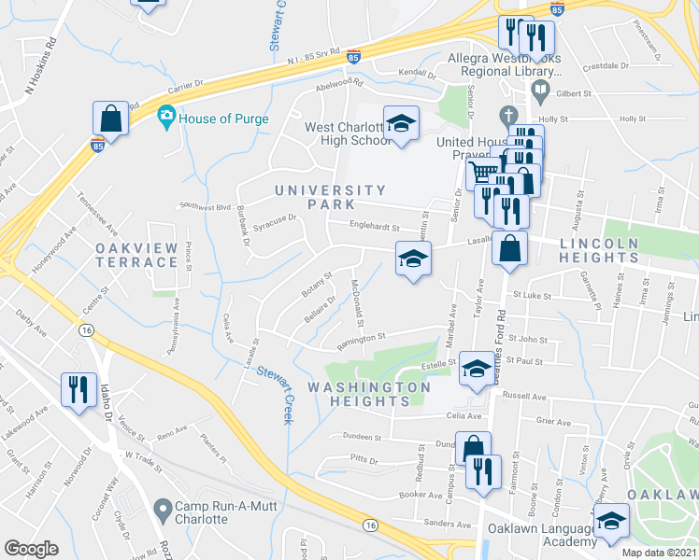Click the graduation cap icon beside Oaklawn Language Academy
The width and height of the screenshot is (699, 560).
click(611, 521)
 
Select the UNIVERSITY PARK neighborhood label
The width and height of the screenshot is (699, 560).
click(315, 197)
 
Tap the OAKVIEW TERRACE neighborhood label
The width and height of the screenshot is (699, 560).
click(136, 254)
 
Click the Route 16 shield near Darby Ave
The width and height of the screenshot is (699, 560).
click(86, 330)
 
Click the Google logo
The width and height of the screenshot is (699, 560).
click(31, 549)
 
